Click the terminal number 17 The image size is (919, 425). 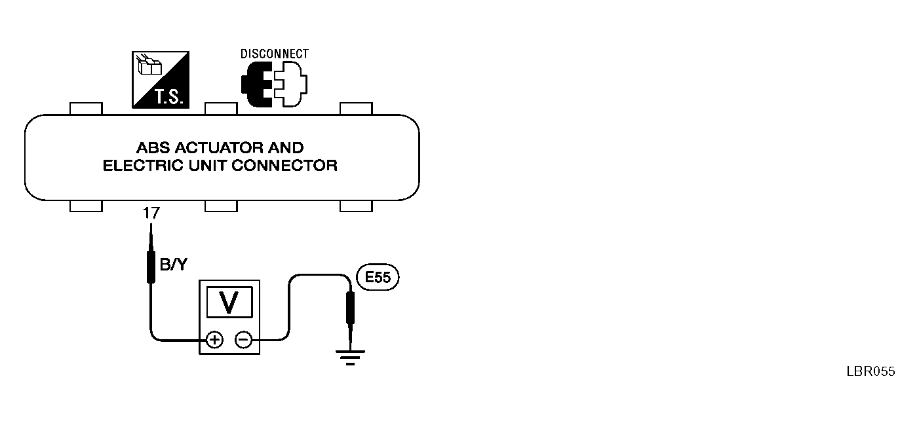(149, 213)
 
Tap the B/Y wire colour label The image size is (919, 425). (172, 265)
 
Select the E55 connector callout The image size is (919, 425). (378, 278)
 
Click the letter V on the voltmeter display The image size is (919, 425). (229, 302)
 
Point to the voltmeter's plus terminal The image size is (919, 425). (214, 339)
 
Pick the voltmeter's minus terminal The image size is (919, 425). (243, 339)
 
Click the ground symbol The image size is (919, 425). (350, 357)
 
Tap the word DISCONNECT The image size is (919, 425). (274, 54)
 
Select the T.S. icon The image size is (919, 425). (161, 79)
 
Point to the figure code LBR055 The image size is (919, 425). (870, 372)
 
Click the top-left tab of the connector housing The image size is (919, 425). (86, 108)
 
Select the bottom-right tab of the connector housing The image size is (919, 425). (356, 206)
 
